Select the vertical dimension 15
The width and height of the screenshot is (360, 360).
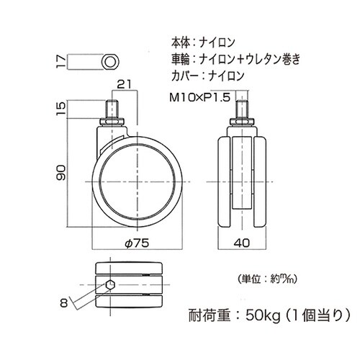(x=62, y=110)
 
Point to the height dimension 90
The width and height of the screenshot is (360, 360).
(x=62, y=172)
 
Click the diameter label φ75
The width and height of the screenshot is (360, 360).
(x=137, y=243)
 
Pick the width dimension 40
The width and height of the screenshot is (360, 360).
(x=243, y=243)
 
